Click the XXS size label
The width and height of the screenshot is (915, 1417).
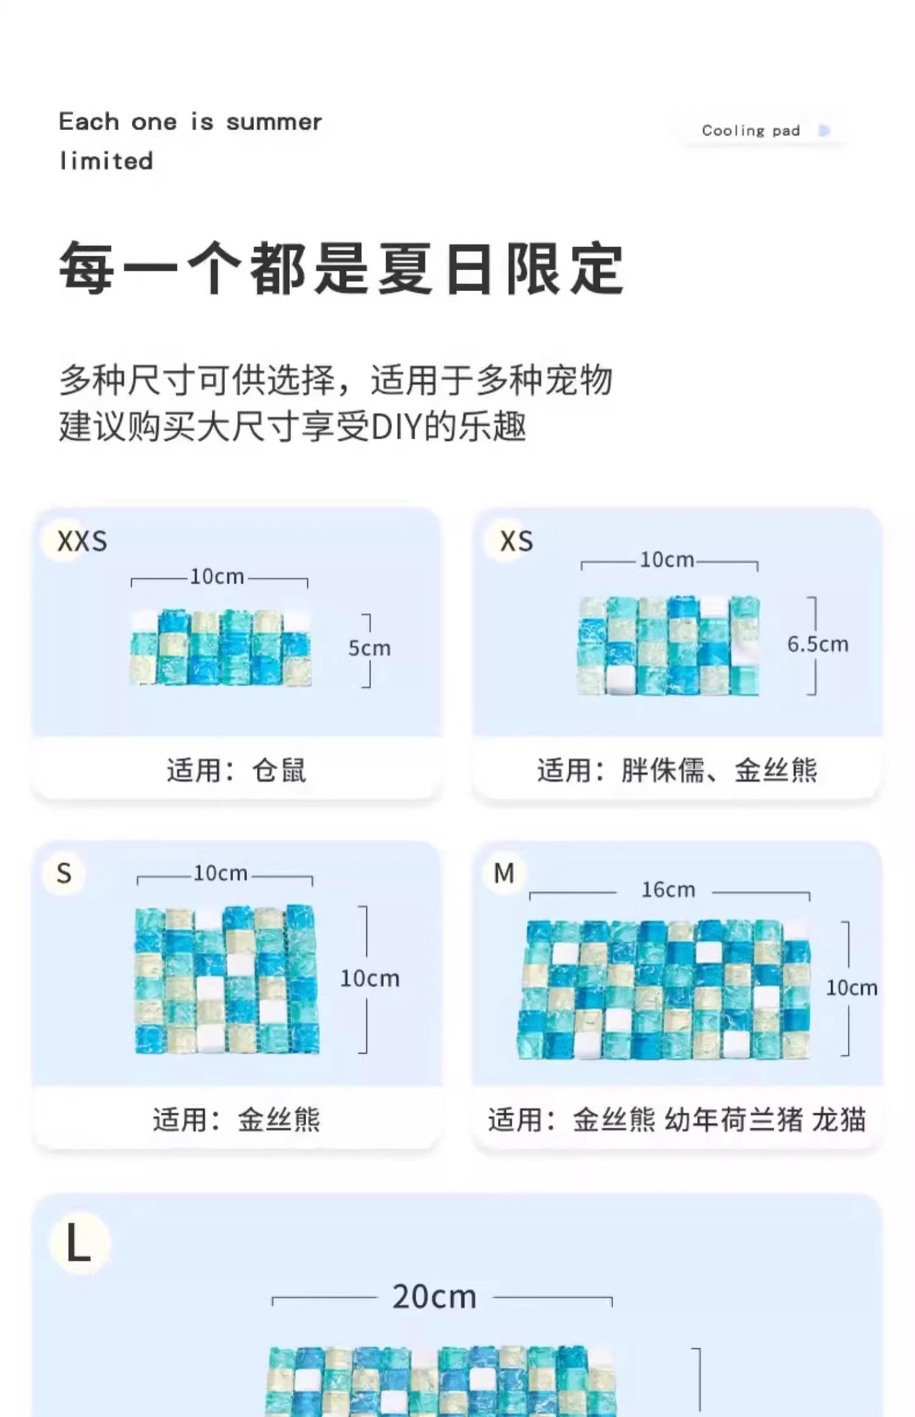[x=82, y=542]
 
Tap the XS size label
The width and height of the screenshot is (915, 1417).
[x=516, y=542]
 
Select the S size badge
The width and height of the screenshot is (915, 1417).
[x=64, y=874]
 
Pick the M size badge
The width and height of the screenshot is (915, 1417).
[x=504, y=874]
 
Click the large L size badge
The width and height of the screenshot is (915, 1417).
[x=78, y=1244]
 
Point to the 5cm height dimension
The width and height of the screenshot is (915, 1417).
[x=369, y=649]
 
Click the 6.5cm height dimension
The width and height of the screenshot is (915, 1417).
[x=818, y=644]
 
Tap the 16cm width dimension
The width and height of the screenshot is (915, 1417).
[x=668, y=890]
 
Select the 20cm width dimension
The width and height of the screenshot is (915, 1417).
[x=434, y=1297]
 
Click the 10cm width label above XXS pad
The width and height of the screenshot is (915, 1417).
[x=217, y=577]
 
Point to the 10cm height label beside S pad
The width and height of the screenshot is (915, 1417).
[x=370, y=979]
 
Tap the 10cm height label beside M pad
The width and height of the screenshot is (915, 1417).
[x=852, y=988]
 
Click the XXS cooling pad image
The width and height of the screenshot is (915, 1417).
[x=221, y=648]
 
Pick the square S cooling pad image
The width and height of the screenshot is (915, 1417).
[x=227, y=979]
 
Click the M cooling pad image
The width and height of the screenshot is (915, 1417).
[x=664, y=989]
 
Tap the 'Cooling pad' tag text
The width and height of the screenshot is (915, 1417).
[x=750, y=131]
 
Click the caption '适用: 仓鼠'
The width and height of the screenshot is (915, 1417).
[x=236, y=770]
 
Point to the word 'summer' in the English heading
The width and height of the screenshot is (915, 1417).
[x=274, y=122]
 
